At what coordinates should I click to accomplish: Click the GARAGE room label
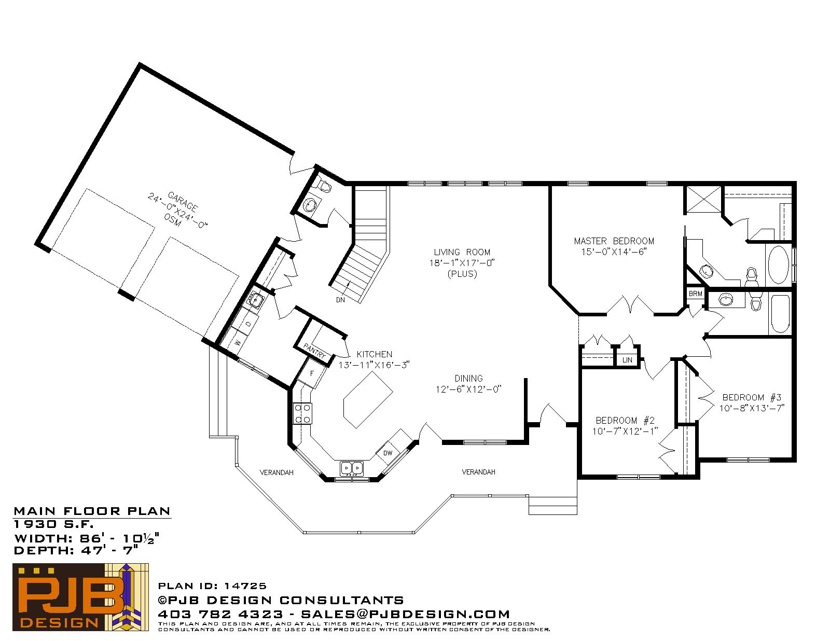click(183, 202)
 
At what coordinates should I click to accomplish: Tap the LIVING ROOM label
click(462, 253)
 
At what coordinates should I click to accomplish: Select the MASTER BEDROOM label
click(614, 241)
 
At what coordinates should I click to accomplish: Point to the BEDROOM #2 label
click(625, 421)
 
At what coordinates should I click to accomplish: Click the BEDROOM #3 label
click(752, 397)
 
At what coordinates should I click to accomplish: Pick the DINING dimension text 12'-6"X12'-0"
click(468, 389)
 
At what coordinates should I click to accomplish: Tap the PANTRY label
click(314, 351)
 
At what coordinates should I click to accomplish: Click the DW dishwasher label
click(388, 453)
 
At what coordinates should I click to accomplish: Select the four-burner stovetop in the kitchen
click(302, 413)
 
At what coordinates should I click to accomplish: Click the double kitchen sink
click(352, 468)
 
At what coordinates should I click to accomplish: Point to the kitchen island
click(368, 400)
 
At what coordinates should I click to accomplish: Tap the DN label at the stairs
click(340, 300)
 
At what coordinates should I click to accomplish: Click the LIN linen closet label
click(627, 360)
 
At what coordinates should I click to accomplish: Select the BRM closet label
click(695, 294)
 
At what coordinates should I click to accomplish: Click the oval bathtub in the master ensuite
click(778, 264)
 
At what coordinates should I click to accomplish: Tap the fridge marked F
click(312, 374)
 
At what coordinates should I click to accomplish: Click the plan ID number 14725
click(245, 586)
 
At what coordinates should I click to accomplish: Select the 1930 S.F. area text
click(53, 524)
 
